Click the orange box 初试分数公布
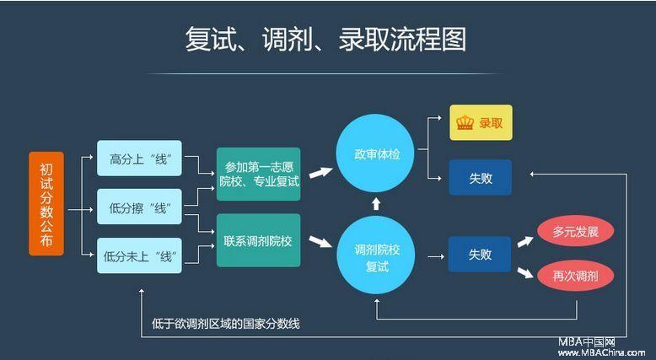pos(46,204)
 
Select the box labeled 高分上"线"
pos(139,158)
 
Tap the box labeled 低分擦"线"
pos(139,207)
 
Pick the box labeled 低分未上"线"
pos(139,255)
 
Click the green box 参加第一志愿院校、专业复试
pos(259,174)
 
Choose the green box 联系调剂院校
pos(259,240)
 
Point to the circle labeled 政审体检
pos(376,153)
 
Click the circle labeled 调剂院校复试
pos(376,255)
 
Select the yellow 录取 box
pos(481,122)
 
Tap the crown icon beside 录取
pos(465,122)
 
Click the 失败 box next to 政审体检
pos(481,177)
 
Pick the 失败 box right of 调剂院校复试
pos(480,255)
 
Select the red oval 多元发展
pos(575,231)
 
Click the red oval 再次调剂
pos(575,276)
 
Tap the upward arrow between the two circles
pos(376,204)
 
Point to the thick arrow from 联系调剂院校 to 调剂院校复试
pos(320,242)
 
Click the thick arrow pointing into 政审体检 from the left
pos(321,172)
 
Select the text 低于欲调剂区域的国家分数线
pos(225,324)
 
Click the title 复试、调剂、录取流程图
pos(325,40)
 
